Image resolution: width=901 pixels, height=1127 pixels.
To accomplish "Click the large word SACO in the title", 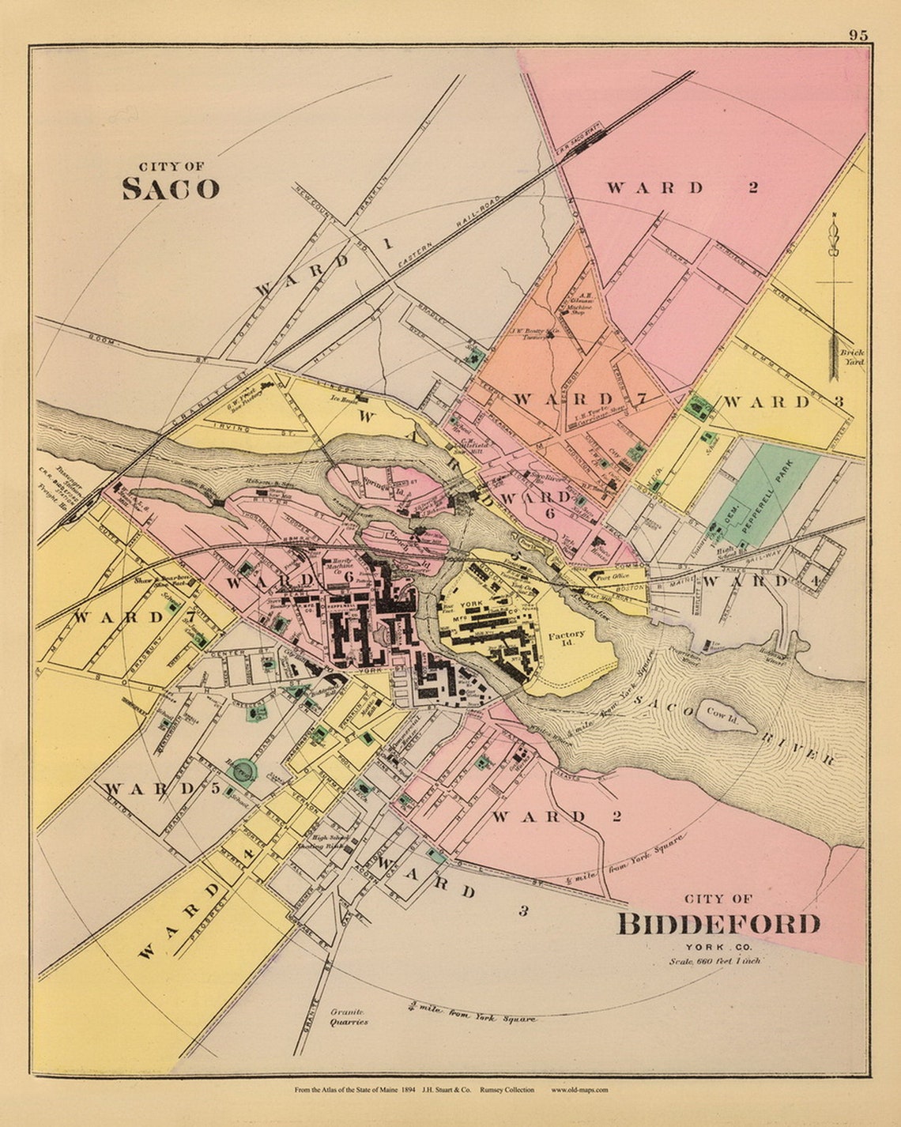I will click(x=170, y=189).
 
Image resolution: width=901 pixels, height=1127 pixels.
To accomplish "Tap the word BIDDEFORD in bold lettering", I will click(x=718, y=924).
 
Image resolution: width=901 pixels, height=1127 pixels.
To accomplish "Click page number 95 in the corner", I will click(x=858, y=35).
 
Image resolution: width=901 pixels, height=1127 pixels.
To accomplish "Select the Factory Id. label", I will click(x=567, y=639).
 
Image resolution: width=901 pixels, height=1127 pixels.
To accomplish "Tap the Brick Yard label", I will click(x=853, y=357).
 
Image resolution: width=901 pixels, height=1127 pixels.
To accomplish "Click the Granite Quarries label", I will click(x=349, y=1016).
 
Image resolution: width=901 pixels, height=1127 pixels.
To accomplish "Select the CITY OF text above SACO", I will click(x=171, y=167).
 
